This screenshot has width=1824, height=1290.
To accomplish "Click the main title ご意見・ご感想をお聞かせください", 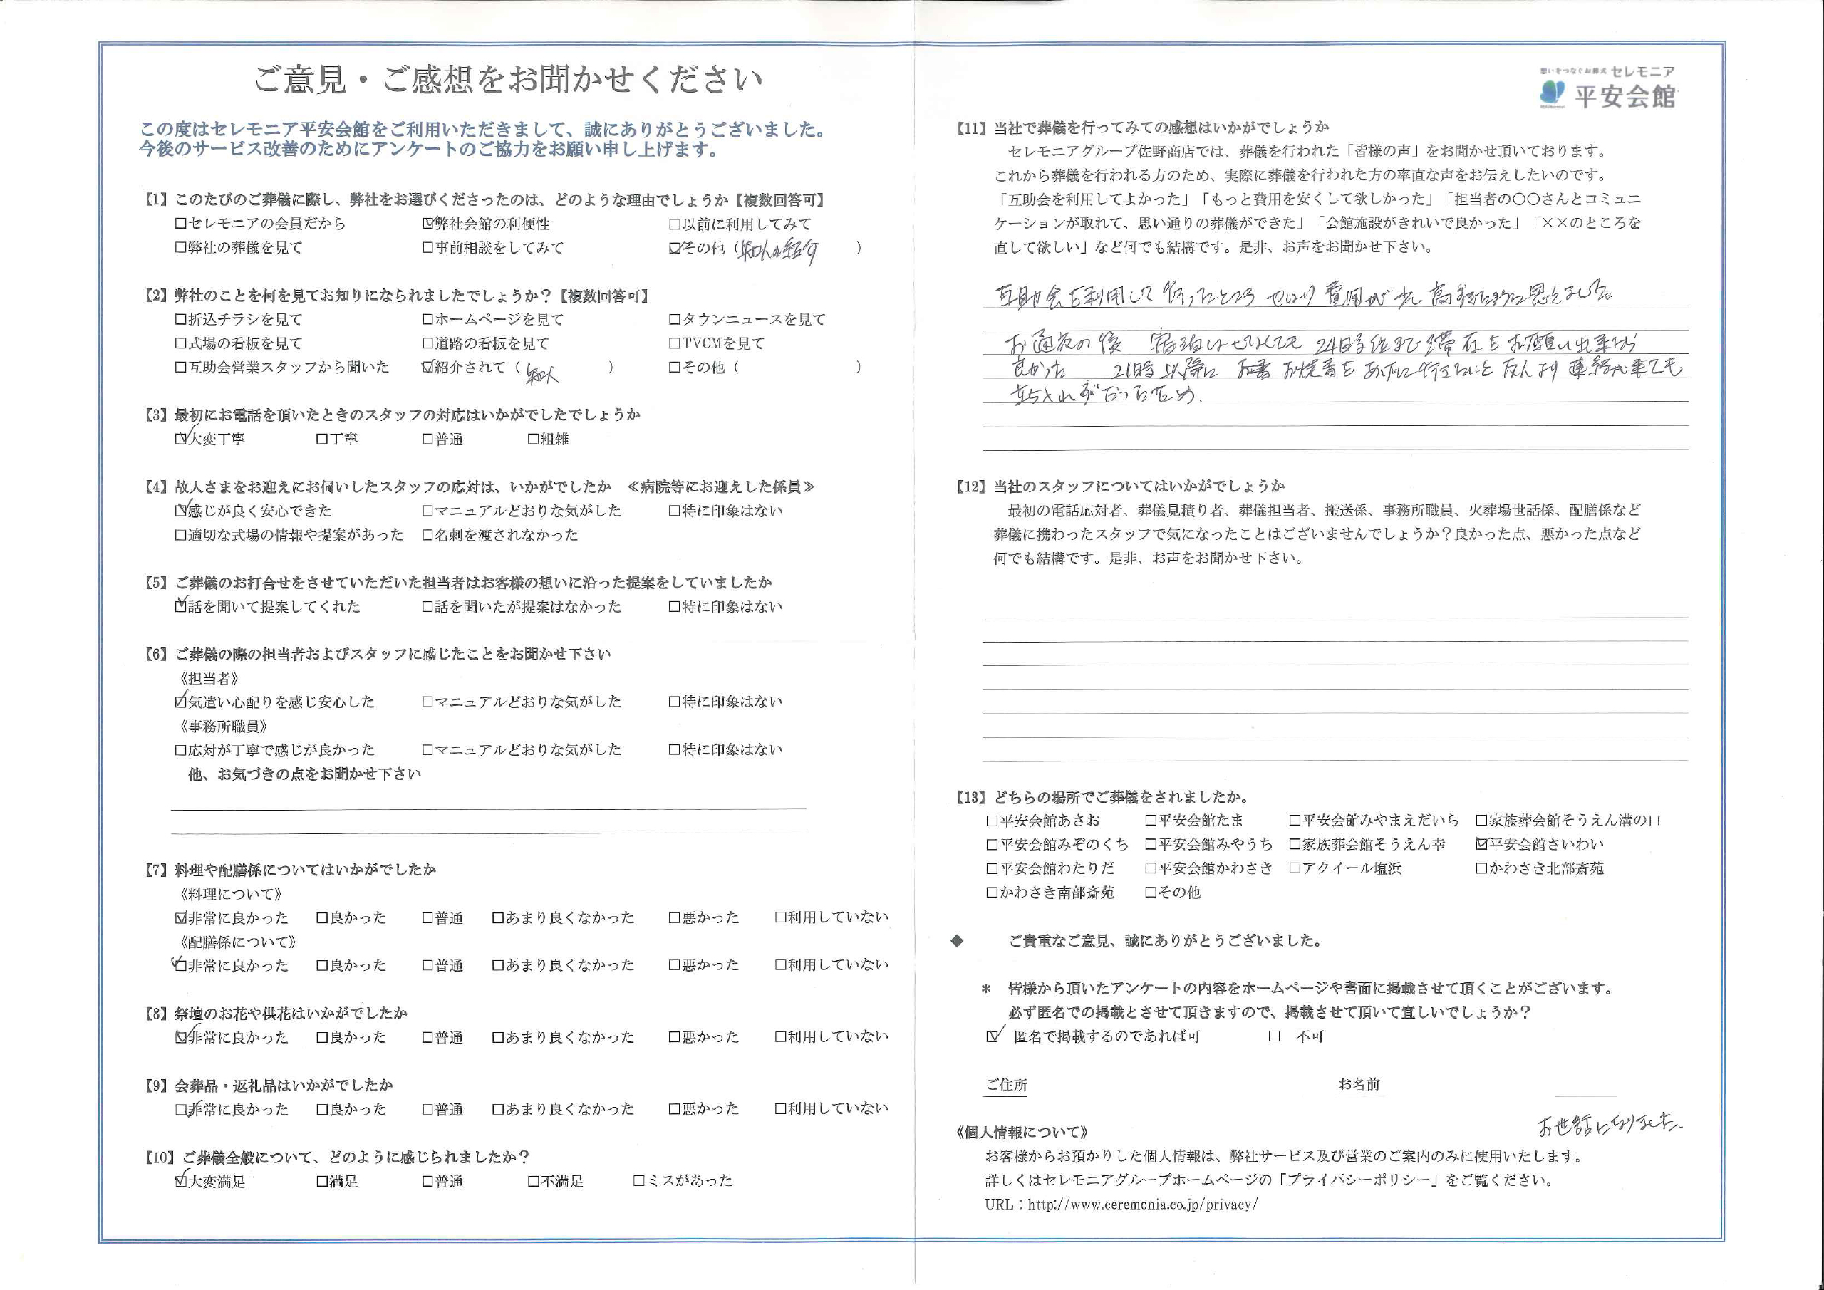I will (x=509, y=80).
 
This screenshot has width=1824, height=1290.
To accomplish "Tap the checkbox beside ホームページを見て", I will (x=427, y=320).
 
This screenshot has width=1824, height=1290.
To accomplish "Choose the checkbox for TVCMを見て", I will (x=675, y=344).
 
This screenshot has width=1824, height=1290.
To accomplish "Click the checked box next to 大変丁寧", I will (x=180, y=439).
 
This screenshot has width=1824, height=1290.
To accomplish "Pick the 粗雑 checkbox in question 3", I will (x=533, y=439).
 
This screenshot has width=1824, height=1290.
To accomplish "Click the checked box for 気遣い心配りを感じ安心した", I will (x=180, y=702).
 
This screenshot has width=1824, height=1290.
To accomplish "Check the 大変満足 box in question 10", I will (x=180, y=1182).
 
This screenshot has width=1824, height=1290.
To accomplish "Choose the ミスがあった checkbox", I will (x=638, y=1182).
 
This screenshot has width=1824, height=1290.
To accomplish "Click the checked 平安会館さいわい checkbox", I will (x=1481, y=844).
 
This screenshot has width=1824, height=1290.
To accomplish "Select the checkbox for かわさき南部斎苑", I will (x=991, y=893).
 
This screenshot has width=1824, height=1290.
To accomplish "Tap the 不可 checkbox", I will (x=1274, y=1036).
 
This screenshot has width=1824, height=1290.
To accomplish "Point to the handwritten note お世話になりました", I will (x=1608, y=1125).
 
